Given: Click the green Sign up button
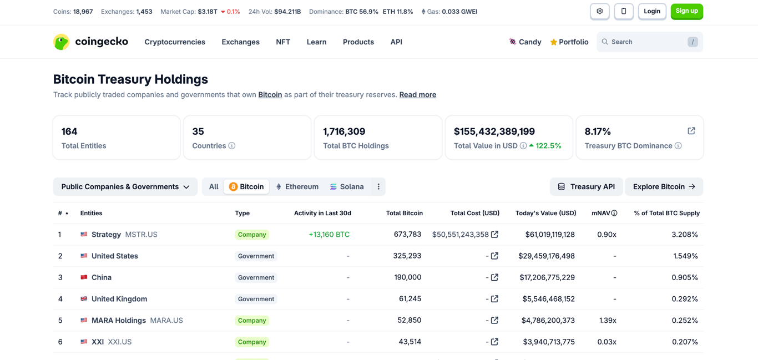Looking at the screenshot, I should pyautogui.click(x=686, y=11).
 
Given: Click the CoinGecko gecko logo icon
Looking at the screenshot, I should pyautogui.click(x=61, y=42).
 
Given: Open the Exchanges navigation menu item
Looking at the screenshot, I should pyautogui.click(x=240, y=42).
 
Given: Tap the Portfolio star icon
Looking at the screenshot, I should pyautogui.click(x=553, y=42).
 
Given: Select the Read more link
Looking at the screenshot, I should pyautogui.click(x=417, y=94).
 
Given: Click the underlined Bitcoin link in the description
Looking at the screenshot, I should pyautogui.click(x=270, y=94).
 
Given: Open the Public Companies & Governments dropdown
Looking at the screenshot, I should pyautogui.click(x=125, y=187).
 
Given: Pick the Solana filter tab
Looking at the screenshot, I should pyautogui.click(x=347, y=187).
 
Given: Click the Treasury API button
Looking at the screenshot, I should pyautogui.click(x=586, y=187).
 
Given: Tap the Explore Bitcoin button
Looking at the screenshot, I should pyautogui.click(x=664, y=187).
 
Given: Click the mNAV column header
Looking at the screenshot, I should pyautogui.click(x=601, y=213).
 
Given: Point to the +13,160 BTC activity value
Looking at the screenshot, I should pyautogui.click(x=329, y=235).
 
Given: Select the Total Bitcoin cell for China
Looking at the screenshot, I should pyautogui.click(x=410, y=277).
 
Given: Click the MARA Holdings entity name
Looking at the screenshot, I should pyautogui.click(x=119, y=321).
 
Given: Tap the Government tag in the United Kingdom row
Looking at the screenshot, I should pyautogui.click(x=256, y=299).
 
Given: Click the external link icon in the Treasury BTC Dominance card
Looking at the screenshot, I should pyautogui.click(x=691, y=131).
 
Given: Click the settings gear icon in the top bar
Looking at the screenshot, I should pyautogui.click(x=599, y=11).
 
